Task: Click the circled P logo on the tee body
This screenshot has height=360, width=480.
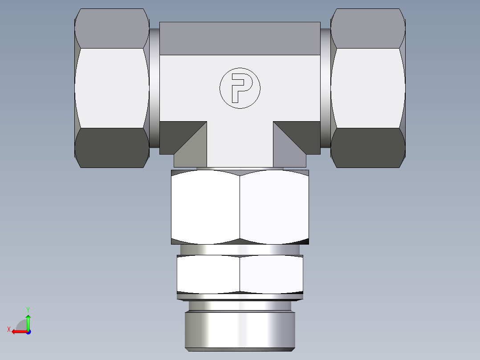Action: coord(240,88)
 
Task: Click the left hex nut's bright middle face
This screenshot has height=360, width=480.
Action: coord(111,88)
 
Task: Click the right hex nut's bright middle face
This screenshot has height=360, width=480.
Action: coord(368,88)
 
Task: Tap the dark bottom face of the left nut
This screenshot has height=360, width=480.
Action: coord(111,148)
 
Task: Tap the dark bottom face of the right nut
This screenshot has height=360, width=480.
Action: coord(368,148)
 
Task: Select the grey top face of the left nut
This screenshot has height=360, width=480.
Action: coord(111,28)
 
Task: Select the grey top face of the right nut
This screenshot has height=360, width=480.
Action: coord(368,28)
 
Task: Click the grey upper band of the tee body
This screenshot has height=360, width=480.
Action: coord(240,39)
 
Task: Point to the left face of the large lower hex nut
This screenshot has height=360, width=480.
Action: coord(205,207)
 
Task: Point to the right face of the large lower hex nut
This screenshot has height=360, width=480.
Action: coord(274,207)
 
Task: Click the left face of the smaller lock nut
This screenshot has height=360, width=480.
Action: coord(208,274)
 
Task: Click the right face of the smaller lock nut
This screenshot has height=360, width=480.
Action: coord(272,274)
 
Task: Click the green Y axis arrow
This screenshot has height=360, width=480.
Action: coord(28,320)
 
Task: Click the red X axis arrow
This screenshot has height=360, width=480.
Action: coord(18,331)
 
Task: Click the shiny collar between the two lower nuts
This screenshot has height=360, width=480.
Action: coord(240,250)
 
